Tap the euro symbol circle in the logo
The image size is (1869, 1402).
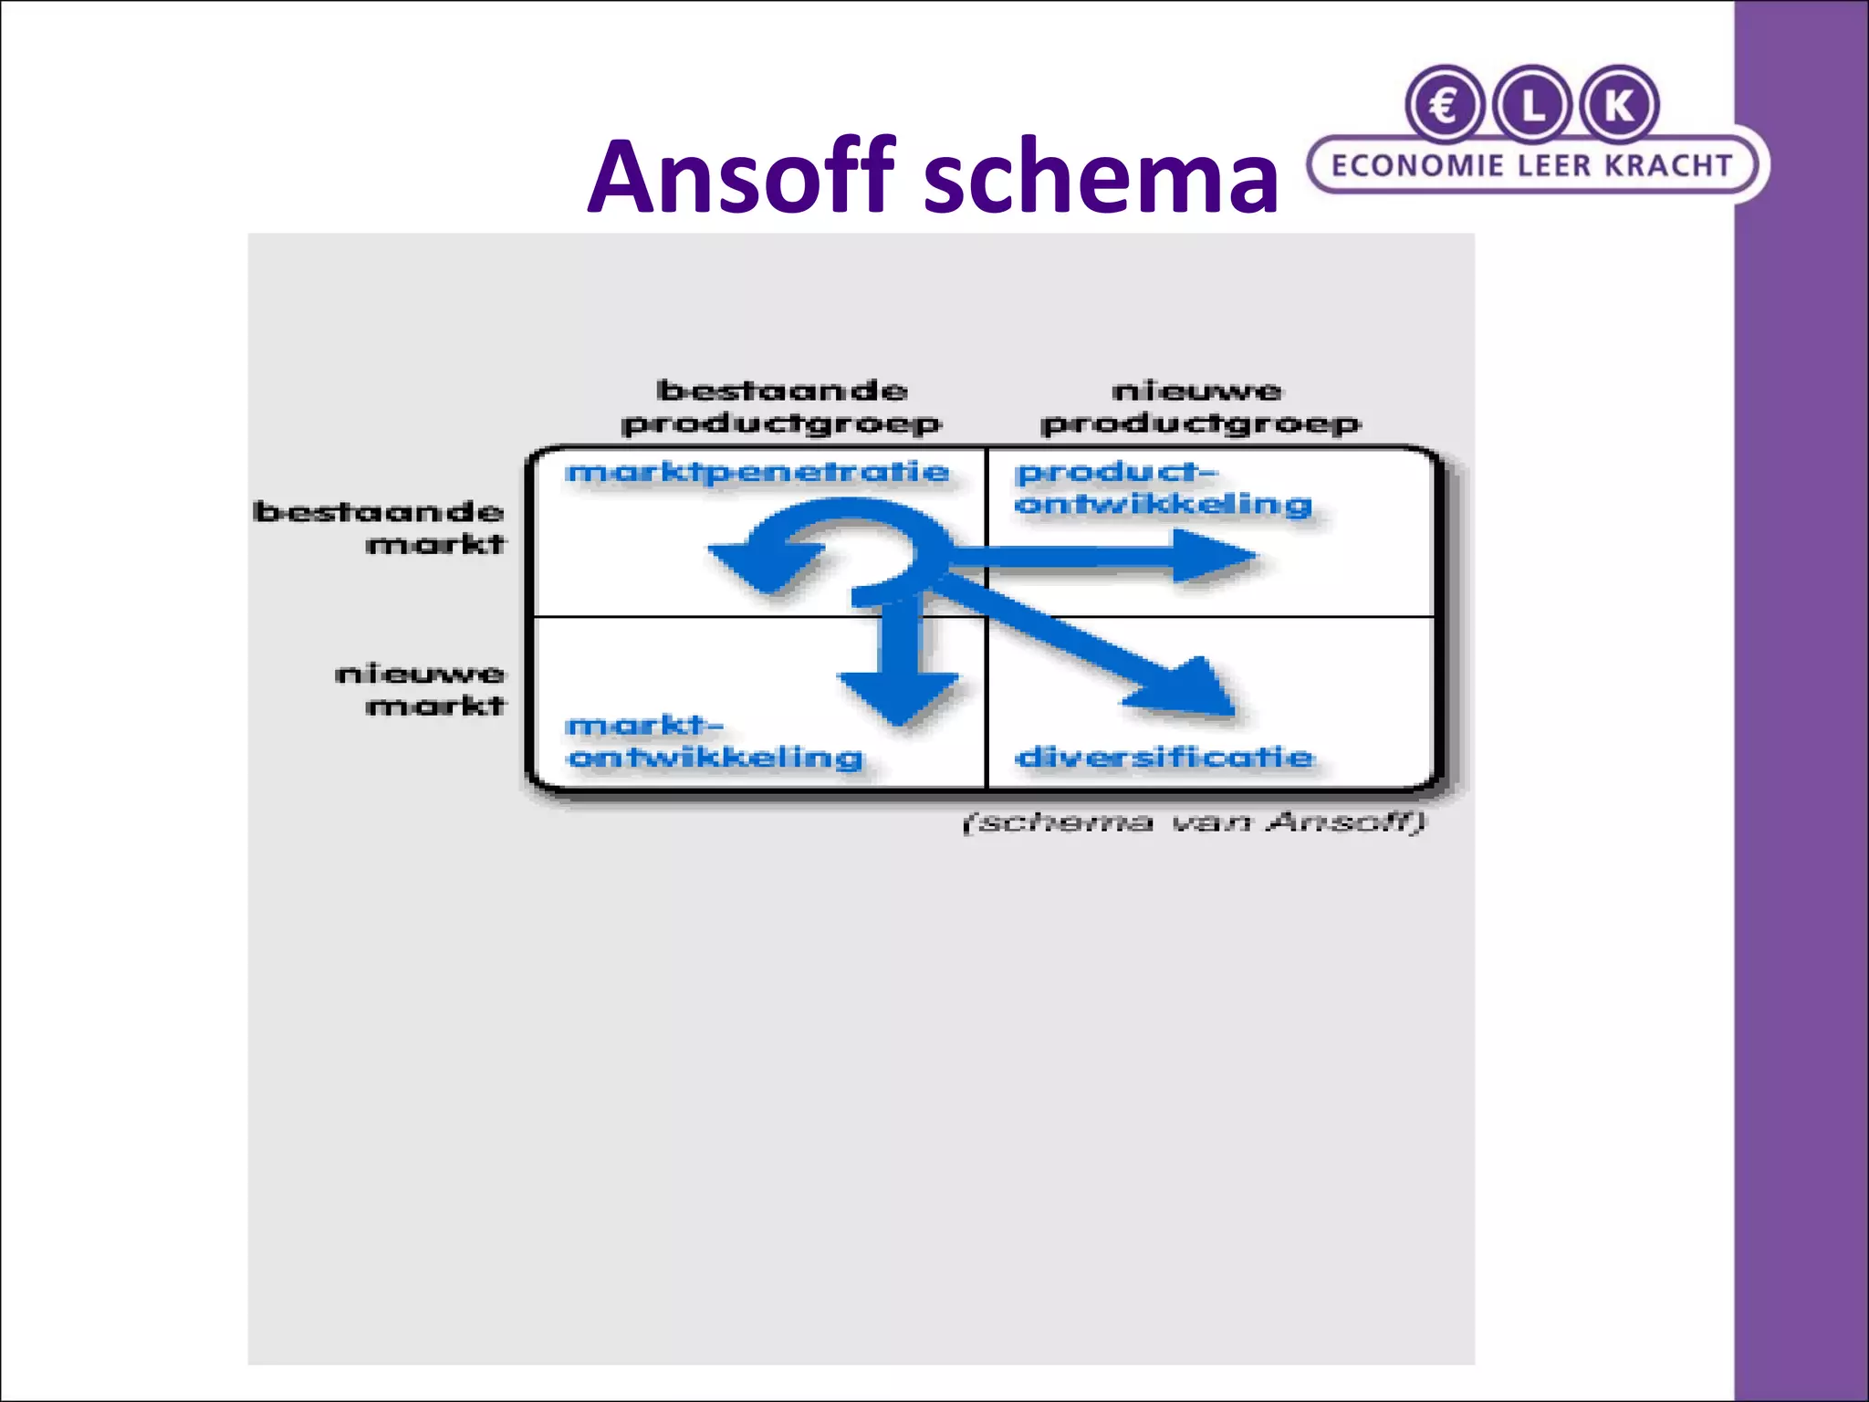click(x=1444, y=105)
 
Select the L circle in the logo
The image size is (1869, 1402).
click(x=1532, y=105)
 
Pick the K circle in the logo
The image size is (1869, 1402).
click(x=1620, y=105)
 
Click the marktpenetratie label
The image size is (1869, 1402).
click(x=757, y=473)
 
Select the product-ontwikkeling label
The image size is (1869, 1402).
click(x=1163, y=488)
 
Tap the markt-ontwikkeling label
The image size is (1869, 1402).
click(x=714, y=742)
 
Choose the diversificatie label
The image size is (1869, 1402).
click(x=1164, y=758)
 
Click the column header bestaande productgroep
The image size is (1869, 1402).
click(x=781, y=408)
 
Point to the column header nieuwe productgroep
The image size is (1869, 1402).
click(x=1199, y=408)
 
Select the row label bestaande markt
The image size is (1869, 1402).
click(x=380, y=528)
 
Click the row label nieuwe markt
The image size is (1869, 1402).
click(x=421, y=690)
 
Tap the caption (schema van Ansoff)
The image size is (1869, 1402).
click(x=1194, y=822)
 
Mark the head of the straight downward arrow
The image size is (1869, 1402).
click(x=899, y=697)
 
